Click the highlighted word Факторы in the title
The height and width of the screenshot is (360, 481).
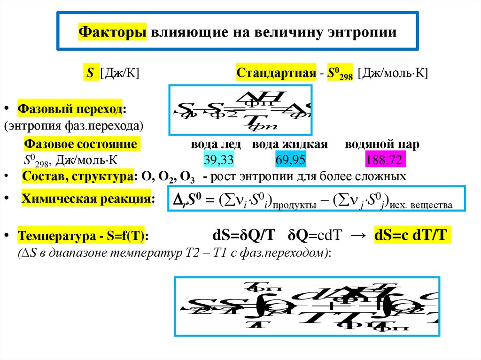[x=112, y=33]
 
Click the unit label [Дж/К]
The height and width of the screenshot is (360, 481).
[x=124, y=74]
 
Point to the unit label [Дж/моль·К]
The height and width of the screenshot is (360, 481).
[x=393, y=74]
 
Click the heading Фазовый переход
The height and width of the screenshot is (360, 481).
[x=71, y=109]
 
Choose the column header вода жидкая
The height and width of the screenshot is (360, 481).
[x=290, y=144]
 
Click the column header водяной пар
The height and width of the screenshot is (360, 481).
[x=382, y=144]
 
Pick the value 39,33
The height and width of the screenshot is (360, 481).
[x=218, y=161]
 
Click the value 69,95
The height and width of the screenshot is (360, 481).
[x=290, y=161]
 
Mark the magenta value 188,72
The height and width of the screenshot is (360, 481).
[x=385, y=161]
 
